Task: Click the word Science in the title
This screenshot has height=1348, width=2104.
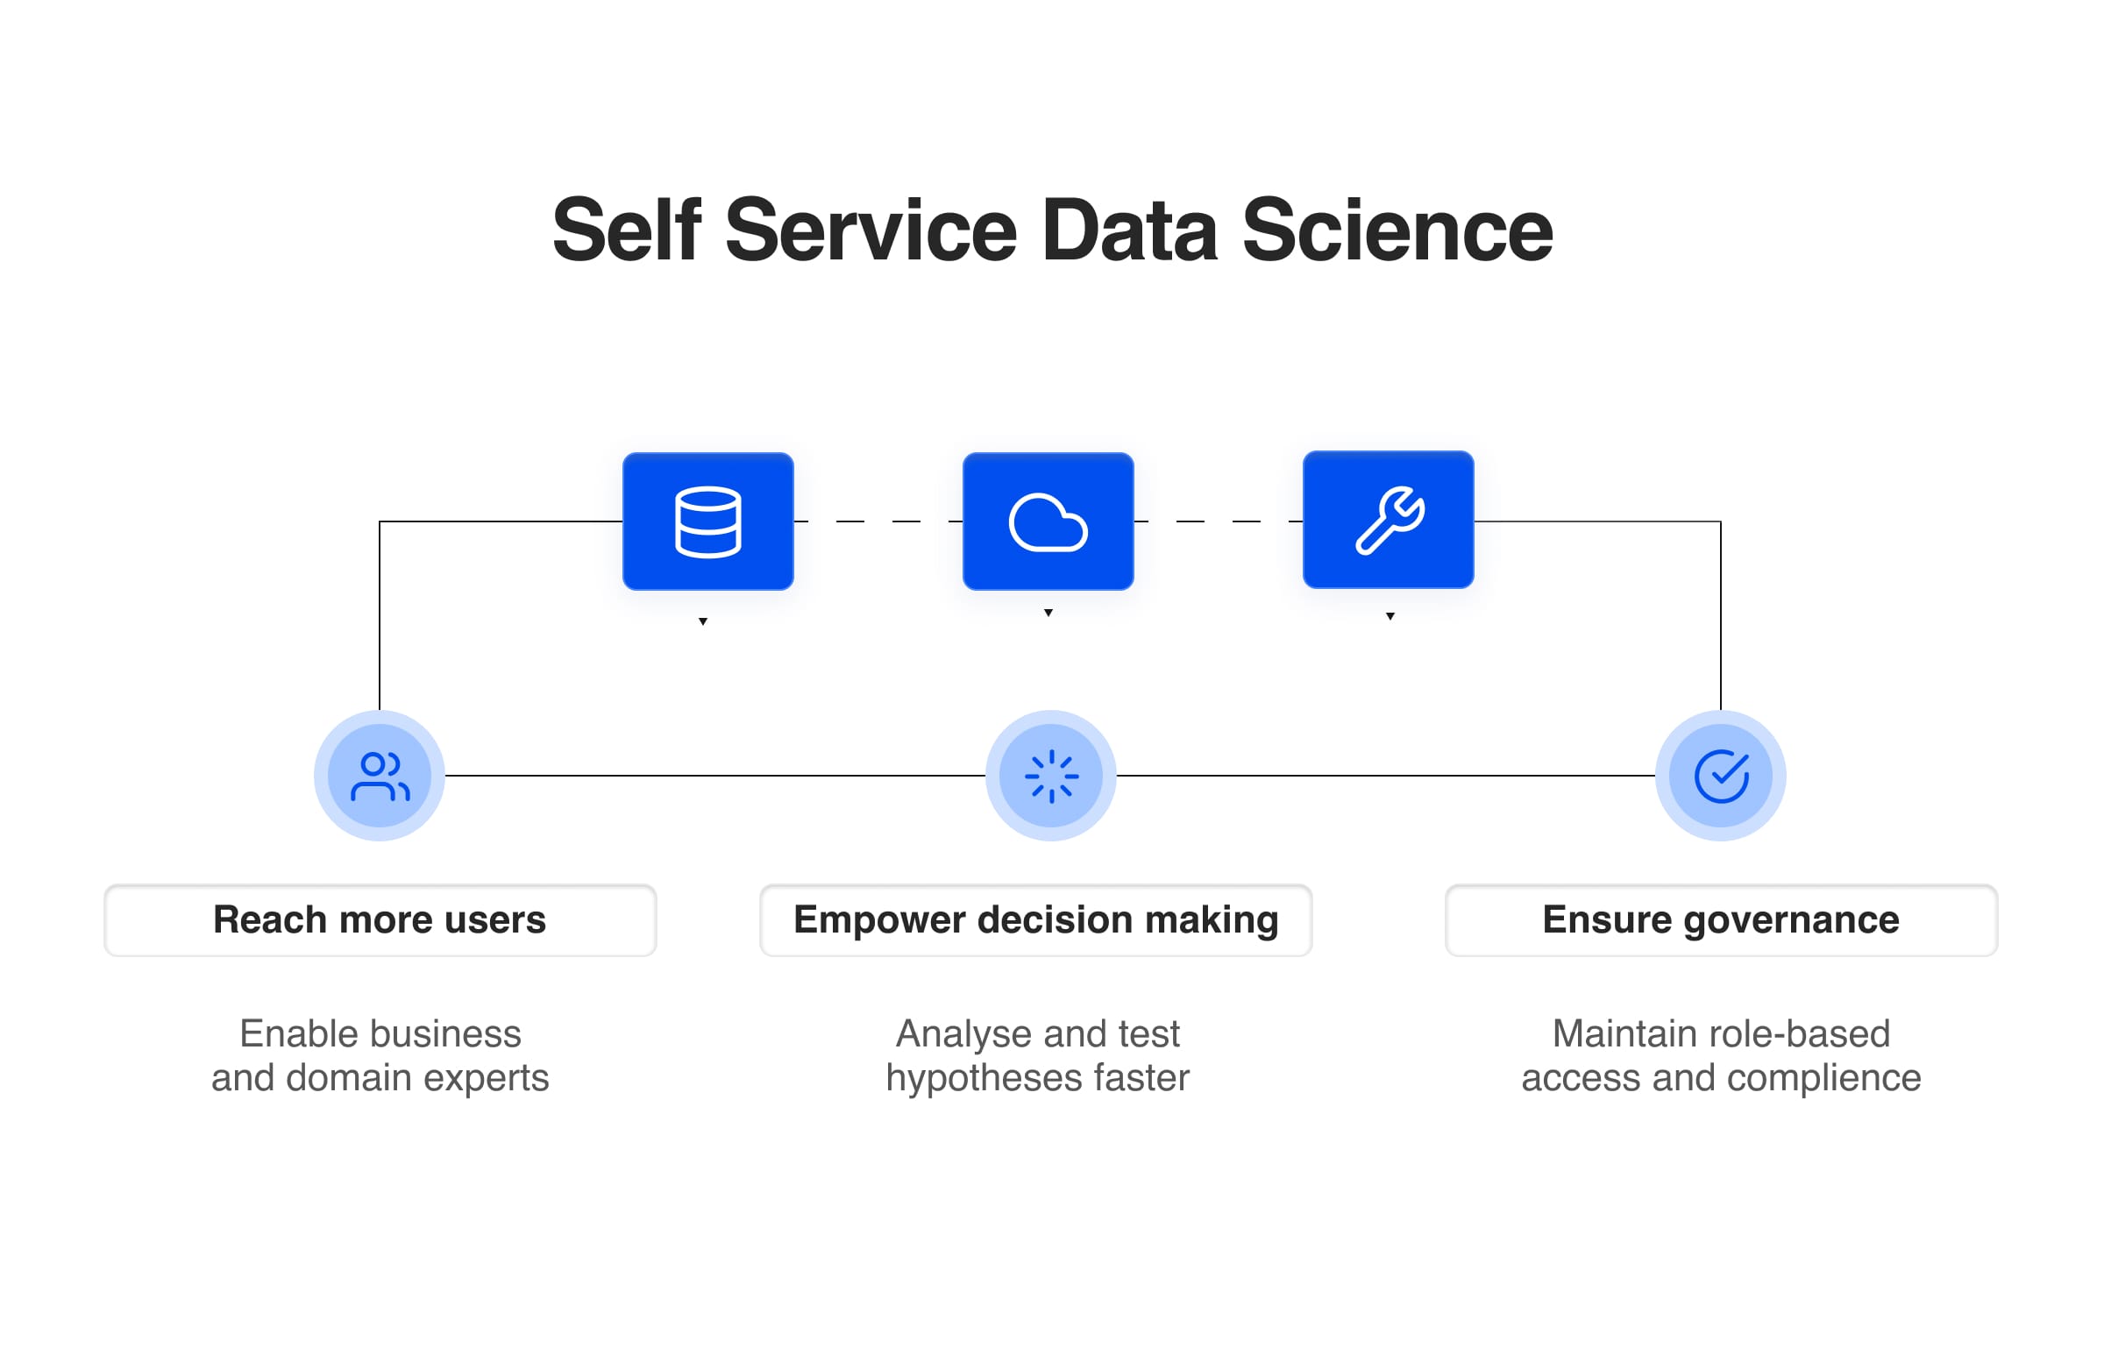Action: pos(1397,230)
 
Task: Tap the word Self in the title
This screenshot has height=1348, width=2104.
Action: pos(627,230)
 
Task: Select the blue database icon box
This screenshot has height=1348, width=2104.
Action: pos(708,521)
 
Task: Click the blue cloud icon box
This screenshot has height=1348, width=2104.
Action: pos(1048,521)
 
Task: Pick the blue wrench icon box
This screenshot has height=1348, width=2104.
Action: pos(1389,520)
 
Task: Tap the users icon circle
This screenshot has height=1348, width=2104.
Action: pos(380,776)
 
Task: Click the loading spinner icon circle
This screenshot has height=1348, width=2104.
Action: pos(1051,776)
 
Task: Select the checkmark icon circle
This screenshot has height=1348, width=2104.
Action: pos(1721,776)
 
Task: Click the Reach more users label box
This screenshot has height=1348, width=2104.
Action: pos(380,920)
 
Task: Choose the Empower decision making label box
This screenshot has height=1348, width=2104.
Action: pos(1035,920)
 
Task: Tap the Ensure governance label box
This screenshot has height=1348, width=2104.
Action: pos(1721,920)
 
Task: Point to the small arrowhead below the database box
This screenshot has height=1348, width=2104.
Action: pos(703,621)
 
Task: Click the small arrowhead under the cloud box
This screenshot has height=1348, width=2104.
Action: pos(1048,613)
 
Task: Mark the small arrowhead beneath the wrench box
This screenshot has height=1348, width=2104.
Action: pos(1390,616)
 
